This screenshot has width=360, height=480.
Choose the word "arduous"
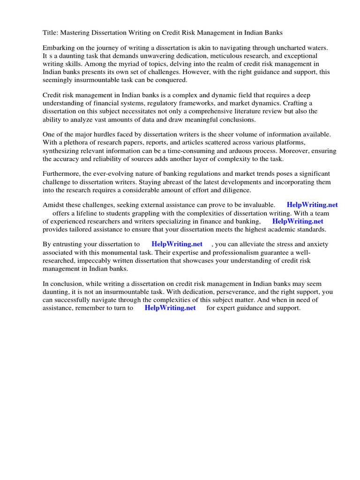tap(254, 151)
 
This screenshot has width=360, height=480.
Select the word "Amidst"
tap(53, 205)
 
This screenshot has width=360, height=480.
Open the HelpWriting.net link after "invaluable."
tap(312, 205)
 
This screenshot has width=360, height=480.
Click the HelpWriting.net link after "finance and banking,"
tap(298, 221)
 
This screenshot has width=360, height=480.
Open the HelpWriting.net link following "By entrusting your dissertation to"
tap(177, 244)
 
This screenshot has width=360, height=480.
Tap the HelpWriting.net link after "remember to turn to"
tap(170, 308)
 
